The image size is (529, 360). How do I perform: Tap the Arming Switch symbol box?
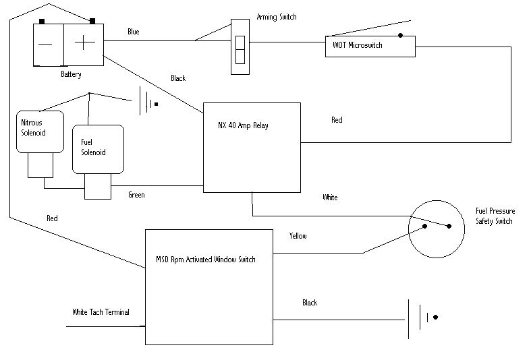click(x=240, y=47)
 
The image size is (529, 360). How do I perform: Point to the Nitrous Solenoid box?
click(x=39, y=132)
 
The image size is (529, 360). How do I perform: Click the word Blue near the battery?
click(x=134, y=32)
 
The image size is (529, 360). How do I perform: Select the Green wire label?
click(x=137, y=196)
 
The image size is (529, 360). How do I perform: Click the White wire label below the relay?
click(x=330, y=198)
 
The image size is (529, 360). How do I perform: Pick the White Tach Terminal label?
click(x=101, y=312)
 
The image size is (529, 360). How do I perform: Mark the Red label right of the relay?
click(x=337, y=120)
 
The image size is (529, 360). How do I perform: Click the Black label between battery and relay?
click(x=178, y=78)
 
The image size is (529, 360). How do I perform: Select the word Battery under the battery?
click(x=71, y=74)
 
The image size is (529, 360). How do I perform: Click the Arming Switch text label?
click(x=277, y=16)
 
